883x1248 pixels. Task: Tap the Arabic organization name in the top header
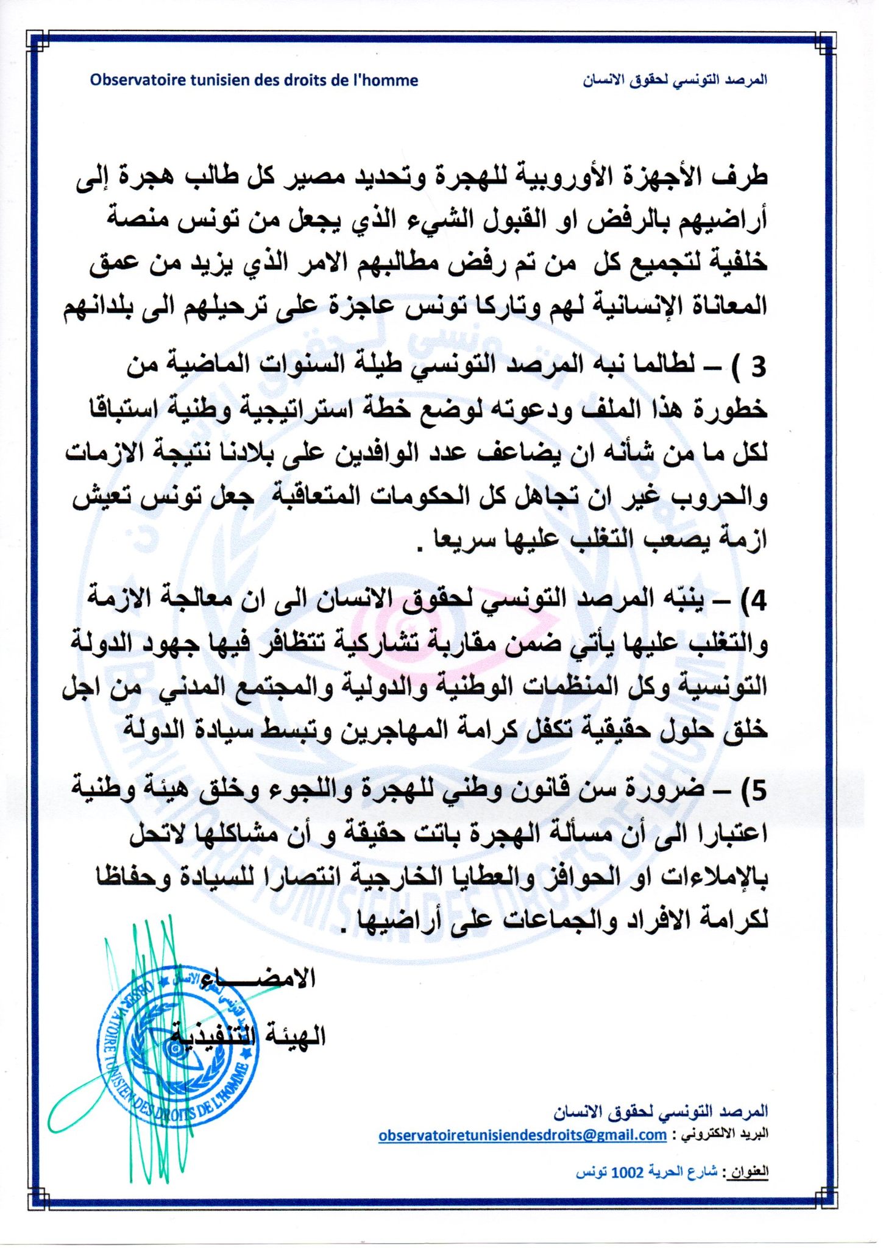pyautogui.click(x=674, y=80)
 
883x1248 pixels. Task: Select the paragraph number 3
pyautogui.click(x=757, y=366)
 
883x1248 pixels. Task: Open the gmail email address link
pyautogui.click(x=522, y=1135)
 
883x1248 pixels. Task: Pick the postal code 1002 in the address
pyautogui.click(x=626, y=1172)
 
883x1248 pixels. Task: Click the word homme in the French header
pyautogui.click(x=391, y=80)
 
